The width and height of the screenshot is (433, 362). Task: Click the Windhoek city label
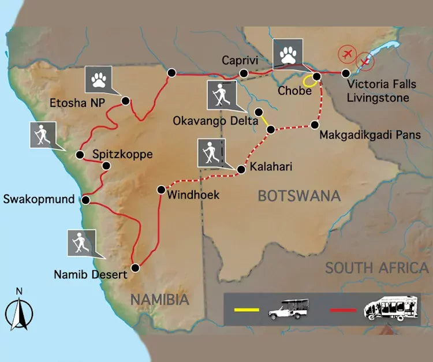click(193, 195)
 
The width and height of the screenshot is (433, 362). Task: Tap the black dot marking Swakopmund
click(85, 200)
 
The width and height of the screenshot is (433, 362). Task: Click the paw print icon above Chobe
click(288, 55)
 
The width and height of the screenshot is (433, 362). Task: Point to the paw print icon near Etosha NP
click(100, 80)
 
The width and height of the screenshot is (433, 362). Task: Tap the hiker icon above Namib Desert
click(81, 243)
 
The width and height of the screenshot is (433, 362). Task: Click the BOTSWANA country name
click(298, 196)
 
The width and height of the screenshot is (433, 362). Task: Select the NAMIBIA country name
click(159, 300)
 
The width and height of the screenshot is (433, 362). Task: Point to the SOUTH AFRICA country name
click(376, 268)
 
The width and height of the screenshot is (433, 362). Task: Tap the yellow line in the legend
click(249, 311)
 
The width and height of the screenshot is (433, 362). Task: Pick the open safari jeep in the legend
click(289, 310)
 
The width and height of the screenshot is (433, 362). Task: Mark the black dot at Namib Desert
click(136, 267)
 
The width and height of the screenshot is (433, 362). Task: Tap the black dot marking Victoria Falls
click(346, 73)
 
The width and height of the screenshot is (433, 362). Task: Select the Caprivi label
click(238, 60)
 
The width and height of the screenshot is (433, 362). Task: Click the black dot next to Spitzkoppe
click(106, 166)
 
